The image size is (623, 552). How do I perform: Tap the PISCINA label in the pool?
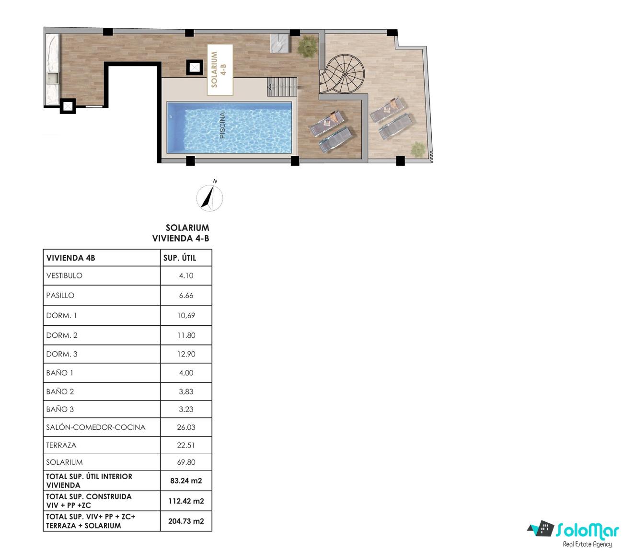(222, 125)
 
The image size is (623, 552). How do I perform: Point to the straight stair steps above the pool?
(282, 87)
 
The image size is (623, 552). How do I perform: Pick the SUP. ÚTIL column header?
(180, 258)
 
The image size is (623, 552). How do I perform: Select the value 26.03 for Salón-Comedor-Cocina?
(186, 427)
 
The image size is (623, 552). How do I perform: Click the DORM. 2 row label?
(62, 335)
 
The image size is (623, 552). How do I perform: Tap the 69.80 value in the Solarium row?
(186, 462)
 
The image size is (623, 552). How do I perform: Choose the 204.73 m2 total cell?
(186, 521)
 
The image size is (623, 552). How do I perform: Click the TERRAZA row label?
(61, 445)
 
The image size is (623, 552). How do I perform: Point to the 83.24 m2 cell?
(186, 481)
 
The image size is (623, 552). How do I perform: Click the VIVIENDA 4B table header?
(71, 258)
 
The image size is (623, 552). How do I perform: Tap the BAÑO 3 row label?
(60, 409)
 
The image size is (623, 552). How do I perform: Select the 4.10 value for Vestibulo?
(186, 276)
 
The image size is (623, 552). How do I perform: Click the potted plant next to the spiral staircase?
(308, 46)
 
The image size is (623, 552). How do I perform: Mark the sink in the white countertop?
(53, 79)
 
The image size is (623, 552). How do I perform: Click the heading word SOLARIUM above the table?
(187, 228)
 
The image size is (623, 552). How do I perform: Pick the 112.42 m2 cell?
(186, 501)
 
